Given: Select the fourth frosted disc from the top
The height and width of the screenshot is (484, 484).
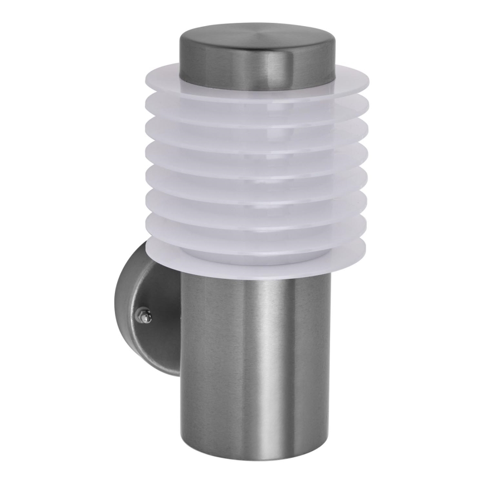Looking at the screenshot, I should (x=167, y=152).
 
